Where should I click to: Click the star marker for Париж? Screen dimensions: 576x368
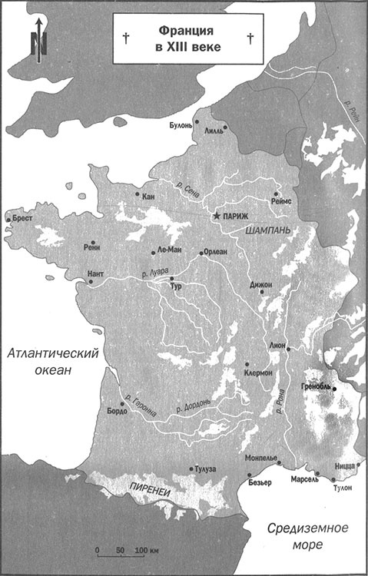click(x=217, y=217)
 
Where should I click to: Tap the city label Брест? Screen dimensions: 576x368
click(x=24, y=218)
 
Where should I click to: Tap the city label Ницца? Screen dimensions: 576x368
click(x=346, y=465)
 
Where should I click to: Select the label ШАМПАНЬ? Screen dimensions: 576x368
click(x=267, y=230)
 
